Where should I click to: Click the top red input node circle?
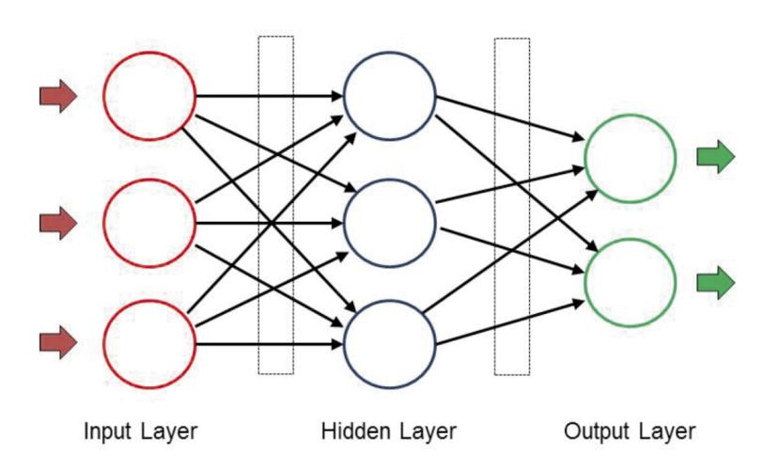click(x=103, y=97)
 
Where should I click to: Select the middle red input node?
click(x=103, y=223)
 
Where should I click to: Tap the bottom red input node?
click(x=103, y=344)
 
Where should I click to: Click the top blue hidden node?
click(x=344, y=97)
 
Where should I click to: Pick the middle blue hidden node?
click(x=344, y=223)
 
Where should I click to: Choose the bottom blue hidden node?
click(x=344, y=344)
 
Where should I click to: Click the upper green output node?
click(x=584, y=159)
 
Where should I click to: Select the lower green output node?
click(x=584, y=283)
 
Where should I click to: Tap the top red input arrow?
click(x=58, y=96)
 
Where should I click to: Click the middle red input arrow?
click(x=58, y=223)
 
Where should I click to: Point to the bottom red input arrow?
click(x=58, y=342)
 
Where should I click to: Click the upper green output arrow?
click(x=716, y=156)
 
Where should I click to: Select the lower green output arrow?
click(x=716, y=283)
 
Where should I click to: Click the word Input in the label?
click(x=108, y=431)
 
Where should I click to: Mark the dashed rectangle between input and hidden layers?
click(x=258, y=205)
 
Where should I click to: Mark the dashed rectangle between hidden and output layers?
click(x=495, y=206)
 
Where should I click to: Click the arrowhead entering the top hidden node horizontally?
click(x=337, y=96)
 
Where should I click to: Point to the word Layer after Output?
click(x=664, y=431)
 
